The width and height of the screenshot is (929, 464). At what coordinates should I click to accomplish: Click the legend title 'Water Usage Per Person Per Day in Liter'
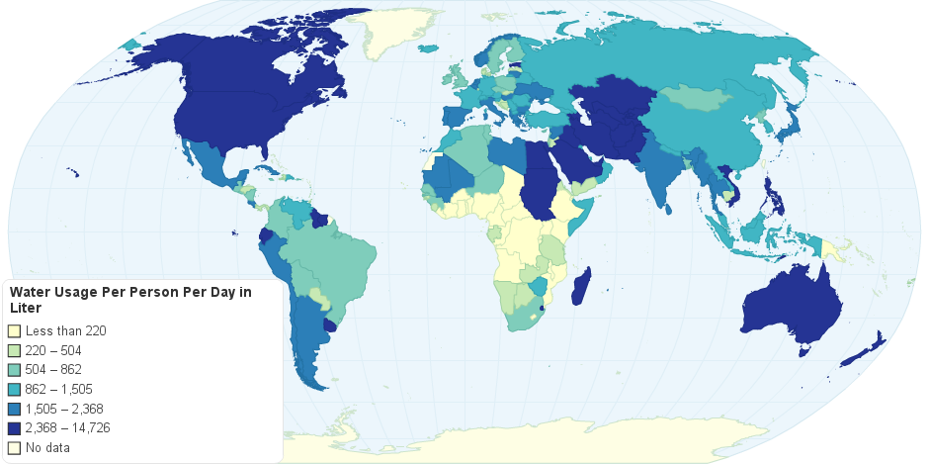tap(128, 300)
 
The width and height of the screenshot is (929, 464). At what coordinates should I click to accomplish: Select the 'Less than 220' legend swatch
tap(14, 331)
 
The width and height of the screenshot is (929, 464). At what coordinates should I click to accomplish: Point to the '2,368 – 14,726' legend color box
tap(14, 427)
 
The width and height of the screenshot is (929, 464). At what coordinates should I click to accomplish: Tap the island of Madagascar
tap(583, 287)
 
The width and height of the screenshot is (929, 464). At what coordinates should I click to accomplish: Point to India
tap(672, 178)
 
